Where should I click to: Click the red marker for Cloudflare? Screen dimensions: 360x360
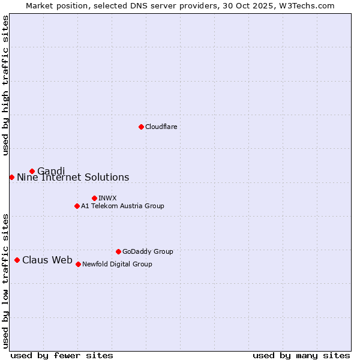[141, 127]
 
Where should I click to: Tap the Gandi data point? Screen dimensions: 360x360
[32, 171]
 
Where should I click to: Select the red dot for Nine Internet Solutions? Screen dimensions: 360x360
[11, 177]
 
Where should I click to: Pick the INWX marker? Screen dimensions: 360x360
[94, 198]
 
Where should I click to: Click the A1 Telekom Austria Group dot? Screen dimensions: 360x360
[77, 206]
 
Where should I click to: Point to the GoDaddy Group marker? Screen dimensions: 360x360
[118, 251]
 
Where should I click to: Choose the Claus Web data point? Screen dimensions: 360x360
[17, 260]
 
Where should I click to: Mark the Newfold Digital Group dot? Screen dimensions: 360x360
[78, 264]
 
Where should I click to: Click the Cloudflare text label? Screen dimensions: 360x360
[161, 127]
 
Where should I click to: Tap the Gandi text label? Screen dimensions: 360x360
[51, 171]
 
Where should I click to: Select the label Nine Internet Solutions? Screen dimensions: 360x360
[73, 177]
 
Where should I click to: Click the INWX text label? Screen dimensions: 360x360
[107, 198]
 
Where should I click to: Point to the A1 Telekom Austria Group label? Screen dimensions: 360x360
[122, 206]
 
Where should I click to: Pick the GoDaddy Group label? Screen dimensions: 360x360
[148, 251]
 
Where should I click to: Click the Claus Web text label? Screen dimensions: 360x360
[47, 260]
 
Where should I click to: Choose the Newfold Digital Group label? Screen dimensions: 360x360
[117, 264]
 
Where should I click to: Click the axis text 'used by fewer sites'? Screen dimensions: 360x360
[62, 355]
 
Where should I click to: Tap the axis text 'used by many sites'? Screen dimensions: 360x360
[301, 355]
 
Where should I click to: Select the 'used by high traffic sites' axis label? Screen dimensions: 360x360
[6, 85]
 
